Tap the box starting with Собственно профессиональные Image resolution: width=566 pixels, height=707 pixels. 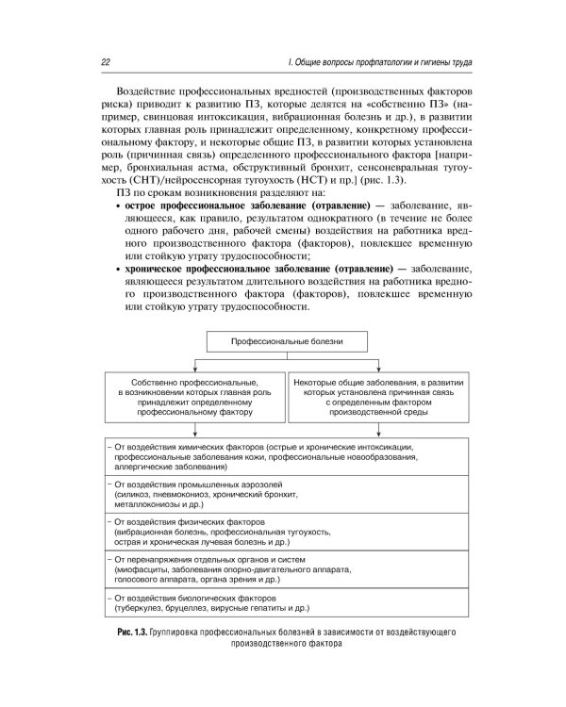pyautogui.click(x=194, y=395)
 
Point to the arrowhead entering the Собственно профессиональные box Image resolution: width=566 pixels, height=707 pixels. pyautogui.click(x=194, y=370)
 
